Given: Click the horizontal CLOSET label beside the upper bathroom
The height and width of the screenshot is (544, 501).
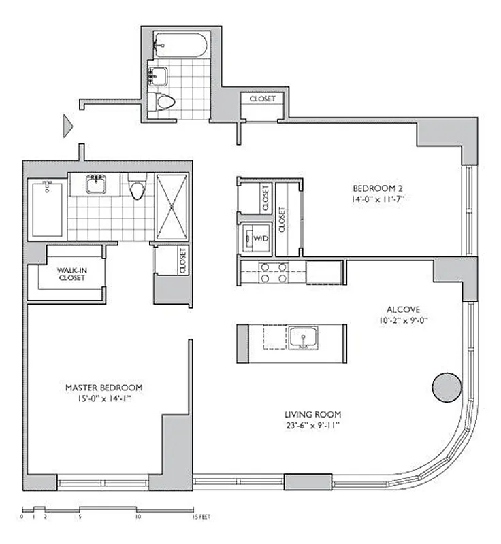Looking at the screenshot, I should pos(263,99).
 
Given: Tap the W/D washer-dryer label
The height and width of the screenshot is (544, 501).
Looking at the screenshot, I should pos(261,239).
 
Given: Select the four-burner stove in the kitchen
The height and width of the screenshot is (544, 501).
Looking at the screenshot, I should pos(272,273).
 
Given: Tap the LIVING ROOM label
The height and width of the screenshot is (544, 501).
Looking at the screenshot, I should pos(313,414).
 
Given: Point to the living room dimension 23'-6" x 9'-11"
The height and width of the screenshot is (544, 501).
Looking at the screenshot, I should pos(313,426).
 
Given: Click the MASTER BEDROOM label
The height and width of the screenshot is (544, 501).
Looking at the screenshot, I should pos(104,388).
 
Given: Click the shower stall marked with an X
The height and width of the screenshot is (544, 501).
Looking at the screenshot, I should pos(172,207).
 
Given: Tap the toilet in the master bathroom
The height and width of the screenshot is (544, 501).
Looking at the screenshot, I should pos(138,188).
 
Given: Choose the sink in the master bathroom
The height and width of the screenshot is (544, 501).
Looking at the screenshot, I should pos(96,184).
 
